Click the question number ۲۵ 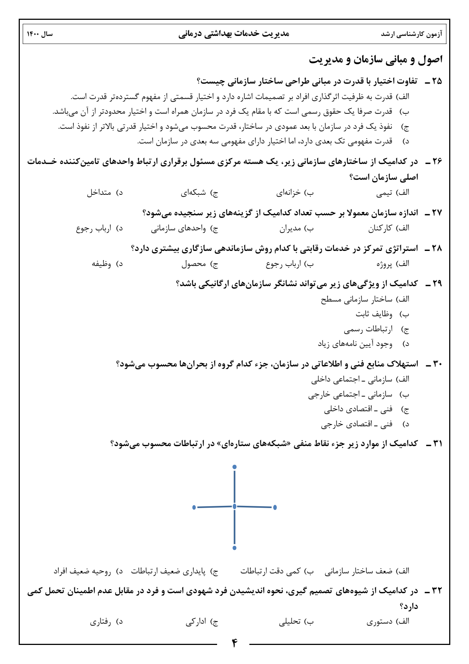click(x=436, y=81)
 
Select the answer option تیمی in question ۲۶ click(x=384, y=193)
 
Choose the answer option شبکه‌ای click(x=193, y=193)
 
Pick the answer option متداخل click(x=99, y=193)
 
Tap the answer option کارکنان click(x=380, y=229)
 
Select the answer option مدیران click(x=290, y=229)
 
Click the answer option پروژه click(x=384, y=264)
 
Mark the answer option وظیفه click(x=101, y=264)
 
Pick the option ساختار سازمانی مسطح click(x=356, y=300)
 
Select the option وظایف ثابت click(x=374, y=314)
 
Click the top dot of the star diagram click(x=235, y=467)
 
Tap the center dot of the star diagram click(x=235, y=507)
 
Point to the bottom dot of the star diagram click(x=235, y=548)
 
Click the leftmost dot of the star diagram click(x=194, y=507)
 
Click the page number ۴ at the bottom click(x=235, y=643)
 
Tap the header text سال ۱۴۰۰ click(x=40, y=34)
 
